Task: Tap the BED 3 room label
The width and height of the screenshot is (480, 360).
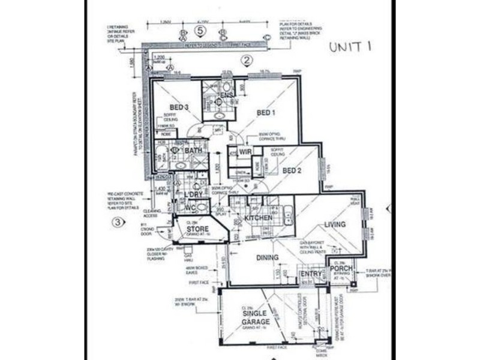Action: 179,107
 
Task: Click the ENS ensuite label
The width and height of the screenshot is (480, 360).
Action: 227,96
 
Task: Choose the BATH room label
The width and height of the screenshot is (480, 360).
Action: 193,151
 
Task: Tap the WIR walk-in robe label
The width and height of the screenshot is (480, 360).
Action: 245,152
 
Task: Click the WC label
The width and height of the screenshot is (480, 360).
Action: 190,208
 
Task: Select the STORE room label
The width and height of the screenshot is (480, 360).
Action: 197,229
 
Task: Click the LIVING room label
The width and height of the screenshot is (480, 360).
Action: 335,224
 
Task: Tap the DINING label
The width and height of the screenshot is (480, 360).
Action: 267,258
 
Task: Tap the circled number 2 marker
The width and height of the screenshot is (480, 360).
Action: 245,60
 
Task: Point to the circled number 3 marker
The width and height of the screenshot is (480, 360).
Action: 118,223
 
